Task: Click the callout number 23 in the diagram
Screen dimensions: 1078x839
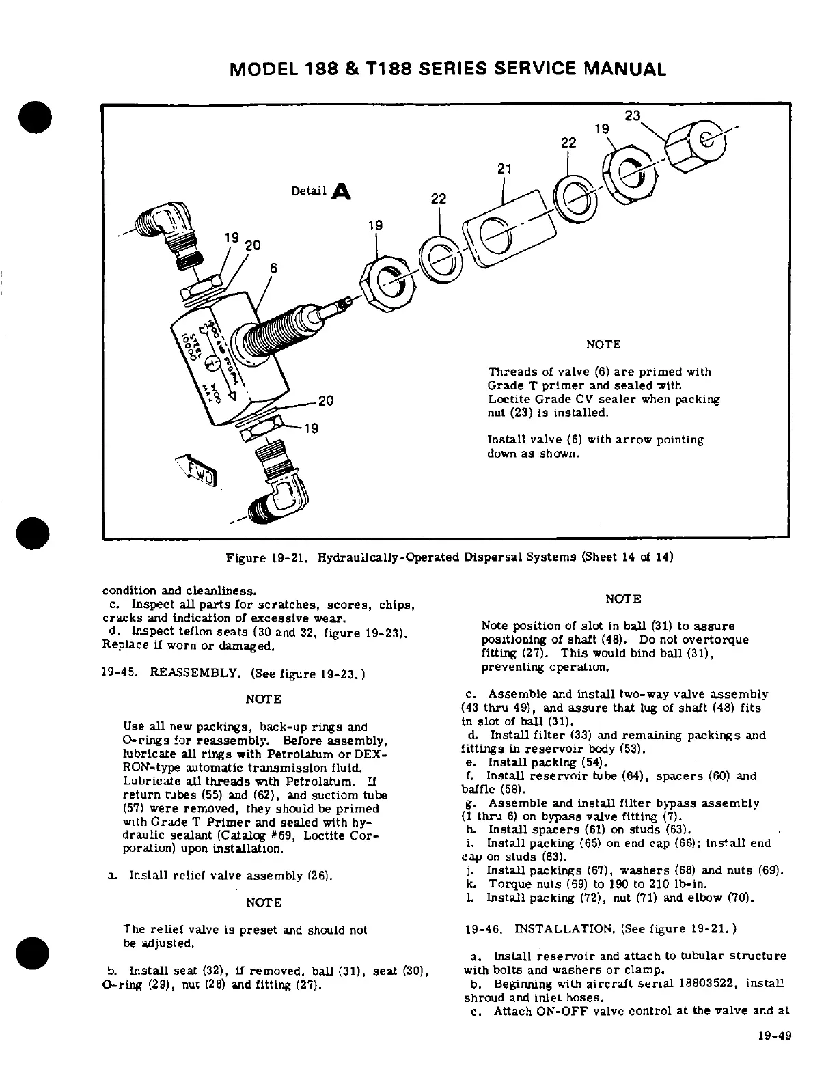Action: point(633,115)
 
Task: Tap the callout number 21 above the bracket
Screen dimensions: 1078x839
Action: point(504,169)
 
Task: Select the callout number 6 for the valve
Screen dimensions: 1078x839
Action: point(273,268)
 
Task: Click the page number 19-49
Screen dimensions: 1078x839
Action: point(774,1054)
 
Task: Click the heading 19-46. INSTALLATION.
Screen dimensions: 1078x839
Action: point(553,929)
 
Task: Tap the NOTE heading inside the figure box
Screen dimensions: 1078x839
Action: point(603,345)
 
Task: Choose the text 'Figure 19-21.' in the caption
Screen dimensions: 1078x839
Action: point(263,557)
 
